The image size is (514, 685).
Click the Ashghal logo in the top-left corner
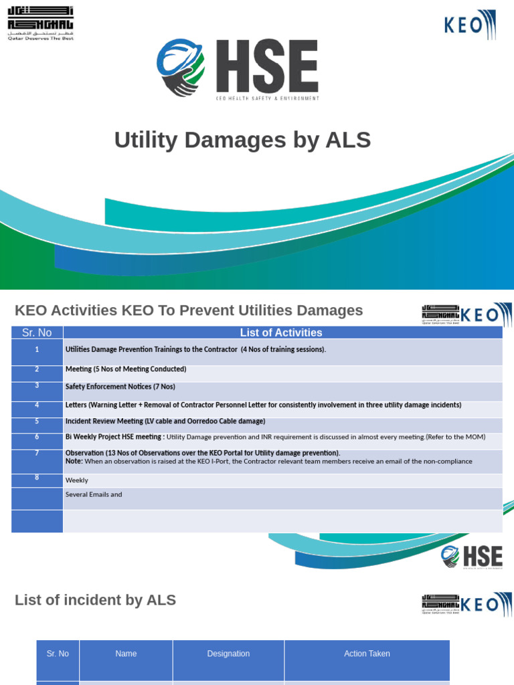point(40,23)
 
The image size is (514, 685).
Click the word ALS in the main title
point(347,140)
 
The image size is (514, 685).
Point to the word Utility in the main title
point(147,140)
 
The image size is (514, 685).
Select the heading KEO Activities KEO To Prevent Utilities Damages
point(189,310)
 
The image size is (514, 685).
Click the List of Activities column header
point(281,332)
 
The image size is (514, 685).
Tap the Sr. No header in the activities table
point(37,332)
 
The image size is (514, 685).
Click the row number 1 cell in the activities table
point(37,349)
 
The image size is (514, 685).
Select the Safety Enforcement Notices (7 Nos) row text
point(120,387)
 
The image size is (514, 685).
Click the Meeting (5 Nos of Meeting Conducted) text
point(126,369)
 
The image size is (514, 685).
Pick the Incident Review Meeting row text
point(165,421)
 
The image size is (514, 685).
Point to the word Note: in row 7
point(74,461)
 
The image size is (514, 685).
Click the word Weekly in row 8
point(76,480)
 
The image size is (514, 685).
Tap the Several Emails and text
point(94,495)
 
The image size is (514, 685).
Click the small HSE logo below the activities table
point(472,557)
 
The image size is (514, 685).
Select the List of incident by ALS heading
point(95,600)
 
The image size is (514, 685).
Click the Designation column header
point(228,654)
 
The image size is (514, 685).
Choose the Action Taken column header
point(367,654)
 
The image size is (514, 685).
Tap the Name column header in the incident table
point(126,654)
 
